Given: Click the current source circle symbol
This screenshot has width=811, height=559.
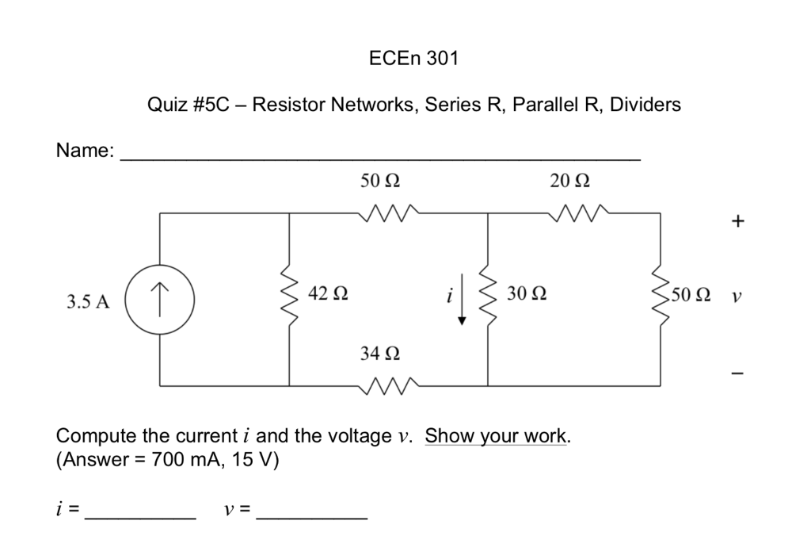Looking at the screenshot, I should (161, 301).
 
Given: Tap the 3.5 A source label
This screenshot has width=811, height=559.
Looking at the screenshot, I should (88, 302).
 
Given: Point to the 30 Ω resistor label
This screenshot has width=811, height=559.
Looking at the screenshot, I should (526, 294).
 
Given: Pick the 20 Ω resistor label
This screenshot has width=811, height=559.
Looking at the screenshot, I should (569, 182).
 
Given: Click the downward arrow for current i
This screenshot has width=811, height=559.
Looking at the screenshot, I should (462, 306).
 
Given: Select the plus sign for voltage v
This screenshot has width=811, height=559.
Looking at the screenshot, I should (737, 222).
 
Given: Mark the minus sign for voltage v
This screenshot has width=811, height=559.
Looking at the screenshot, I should (737, 373).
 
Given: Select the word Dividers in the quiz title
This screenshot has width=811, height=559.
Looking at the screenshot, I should (647, 105).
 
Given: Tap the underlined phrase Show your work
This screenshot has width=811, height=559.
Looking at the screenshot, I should (497, 436).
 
